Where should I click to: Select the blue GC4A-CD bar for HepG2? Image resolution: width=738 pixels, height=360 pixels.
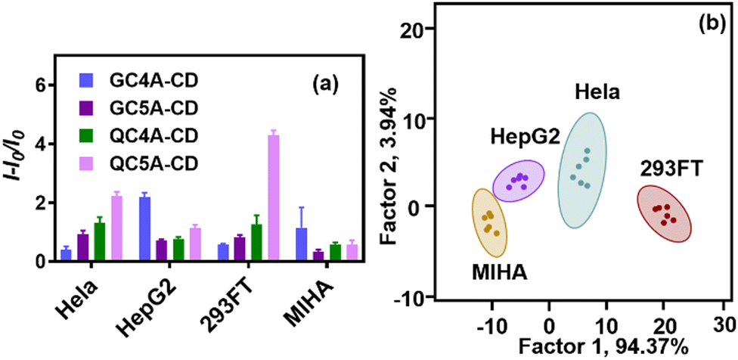point(144,229)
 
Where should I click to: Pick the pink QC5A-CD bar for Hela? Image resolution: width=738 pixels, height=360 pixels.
point(116,228)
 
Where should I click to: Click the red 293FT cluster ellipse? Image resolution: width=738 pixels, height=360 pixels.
point(663,213)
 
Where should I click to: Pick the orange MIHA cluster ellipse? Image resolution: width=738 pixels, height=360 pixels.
point(490,221)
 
